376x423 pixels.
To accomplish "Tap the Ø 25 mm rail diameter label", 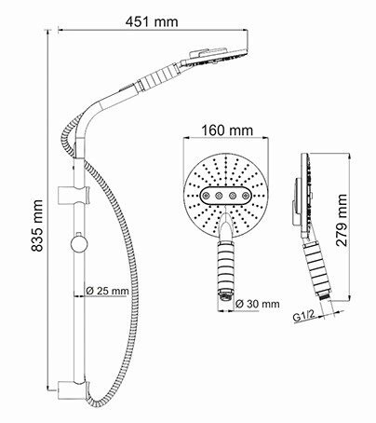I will [107, 290].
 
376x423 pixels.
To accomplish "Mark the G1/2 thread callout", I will [302, 317].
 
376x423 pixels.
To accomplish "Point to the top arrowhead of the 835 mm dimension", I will [47, 34].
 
